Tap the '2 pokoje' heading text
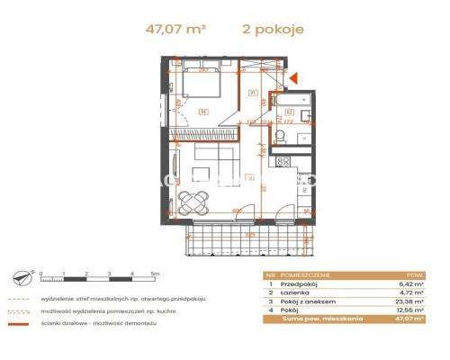pyautogui.click(x=274, y=29)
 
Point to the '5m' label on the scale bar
pyautogui.click(x=154, y=272)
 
